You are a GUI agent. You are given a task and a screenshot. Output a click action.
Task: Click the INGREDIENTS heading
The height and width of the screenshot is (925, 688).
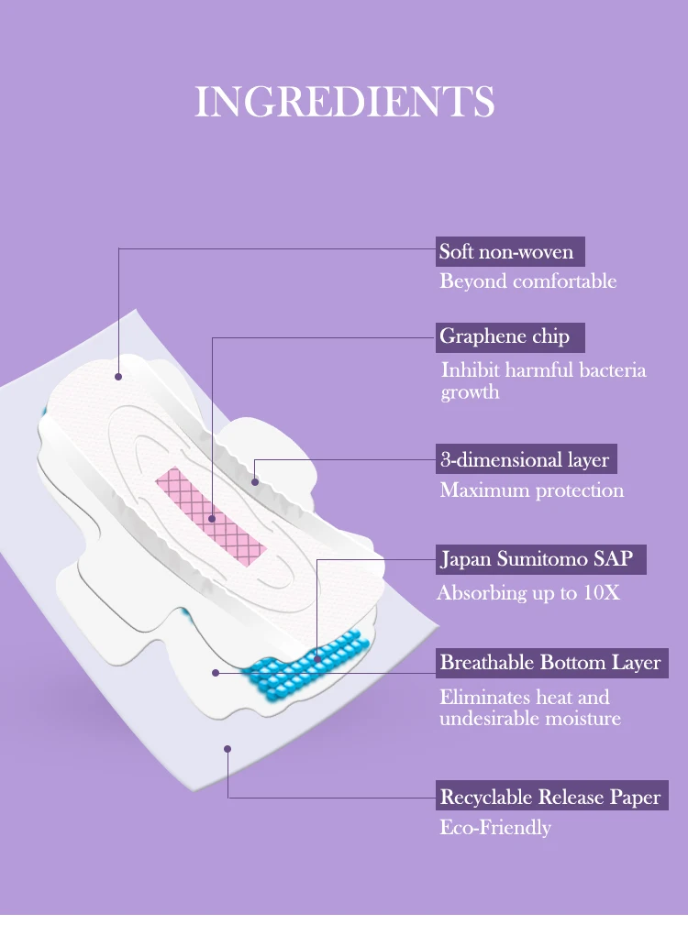point(344,102)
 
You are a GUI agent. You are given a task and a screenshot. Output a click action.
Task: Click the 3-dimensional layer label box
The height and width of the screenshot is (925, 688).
point(525,459)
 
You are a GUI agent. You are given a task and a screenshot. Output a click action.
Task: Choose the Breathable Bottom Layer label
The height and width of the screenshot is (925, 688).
point(550,662)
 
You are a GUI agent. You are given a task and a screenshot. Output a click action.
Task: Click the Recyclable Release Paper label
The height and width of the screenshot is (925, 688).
point(550,797)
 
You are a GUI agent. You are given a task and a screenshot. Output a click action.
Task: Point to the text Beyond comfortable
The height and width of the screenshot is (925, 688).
point(527,281)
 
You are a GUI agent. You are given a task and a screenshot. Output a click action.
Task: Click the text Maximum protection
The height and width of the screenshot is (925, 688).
point(531,490)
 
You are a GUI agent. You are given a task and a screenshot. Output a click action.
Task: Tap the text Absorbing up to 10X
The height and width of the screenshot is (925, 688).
point(528,593)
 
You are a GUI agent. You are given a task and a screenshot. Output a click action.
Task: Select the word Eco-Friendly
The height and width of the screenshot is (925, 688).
point(495,828)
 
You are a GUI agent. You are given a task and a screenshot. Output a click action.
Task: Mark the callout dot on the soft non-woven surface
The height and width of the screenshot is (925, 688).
point(118,376)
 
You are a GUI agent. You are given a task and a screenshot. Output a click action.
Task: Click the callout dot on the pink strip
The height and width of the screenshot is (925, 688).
point(212,519)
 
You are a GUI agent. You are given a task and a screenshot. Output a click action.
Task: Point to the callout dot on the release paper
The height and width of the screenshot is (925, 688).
point(227,749)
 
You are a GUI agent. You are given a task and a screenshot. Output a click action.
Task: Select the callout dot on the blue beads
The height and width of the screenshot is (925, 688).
point(316,658)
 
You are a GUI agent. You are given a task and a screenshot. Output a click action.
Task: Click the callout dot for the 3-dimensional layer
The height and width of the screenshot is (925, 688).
point(254,479)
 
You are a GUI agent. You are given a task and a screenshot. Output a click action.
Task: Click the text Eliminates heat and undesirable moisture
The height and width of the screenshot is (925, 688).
point(529,708)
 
